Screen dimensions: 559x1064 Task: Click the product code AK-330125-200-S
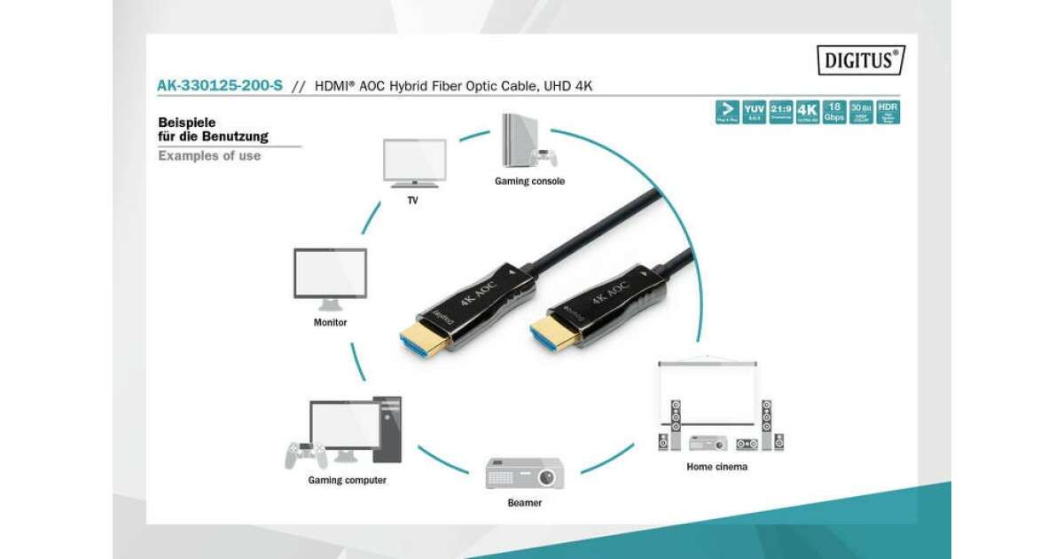(220, 86)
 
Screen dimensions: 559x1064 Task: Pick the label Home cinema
(717, 466)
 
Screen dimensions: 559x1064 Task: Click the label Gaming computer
(347, 480)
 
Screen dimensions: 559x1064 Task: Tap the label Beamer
(524, 502)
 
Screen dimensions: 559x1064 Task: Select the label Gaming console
(529, 181)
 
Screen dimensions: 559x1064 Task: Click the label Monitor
(330, 322)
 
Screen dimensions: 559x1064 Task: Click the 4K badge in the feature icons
(807, 112)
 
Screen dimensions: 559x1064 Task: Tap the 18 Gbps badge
(833, 112)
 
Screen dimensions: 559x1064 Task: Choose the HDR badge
(888, 112)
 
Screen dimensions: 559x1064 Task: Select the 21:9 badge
(781, 112)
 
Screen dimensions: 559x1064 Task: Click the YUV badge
(755, 112)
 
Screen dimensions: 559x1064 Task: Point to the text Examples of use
(209, 155)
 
